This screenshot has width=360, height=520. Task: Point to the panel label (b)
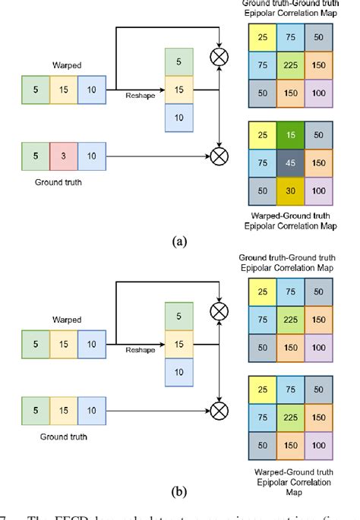click(x=179, y=492)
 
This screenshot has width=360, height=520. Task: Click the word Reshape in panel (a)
click(x=140, y=96)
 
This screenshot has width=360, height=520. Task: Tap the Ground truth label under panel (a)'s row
click(x=59, y=182)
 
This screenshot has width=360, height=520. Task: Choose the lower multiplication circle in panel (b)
click(x=220, y=410)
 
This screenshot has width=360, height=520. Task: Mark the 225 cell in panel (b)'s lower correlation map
click(x=289, y=416)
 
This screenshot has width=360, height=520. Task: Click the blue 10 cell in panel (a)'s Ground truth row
click(x=92, y=156)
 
